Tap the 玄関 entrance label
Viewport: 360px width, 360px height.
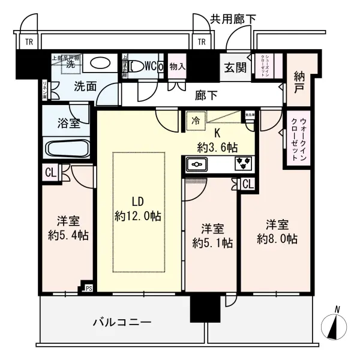tap(235, 67)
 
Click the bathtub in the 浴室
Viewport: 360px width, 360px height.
tap(67, 148)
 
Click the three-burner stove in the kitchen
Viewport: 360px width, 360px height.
tap(242, 163)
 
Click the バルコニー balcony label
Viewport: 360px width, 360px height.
tap(122, 322)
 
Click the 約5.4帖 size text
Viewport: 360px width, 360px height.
tap(68, 235)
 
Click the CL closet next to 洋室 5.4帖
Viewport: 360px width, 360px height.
tap(51, 173)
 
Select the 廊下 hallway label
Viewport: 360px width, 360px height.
tap(206, 94)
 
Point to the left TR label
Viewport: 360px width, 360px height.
tap(28, 42)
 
